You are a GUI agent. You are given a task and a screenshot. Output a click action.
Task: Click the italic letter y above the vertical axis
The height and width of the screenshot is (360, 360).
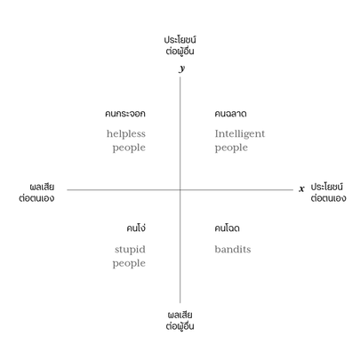click(x=182, y=68)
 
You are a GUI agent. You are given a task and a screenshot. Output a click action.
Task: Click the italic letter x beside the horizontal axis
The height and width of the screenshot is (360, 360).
click(x=301, y=188)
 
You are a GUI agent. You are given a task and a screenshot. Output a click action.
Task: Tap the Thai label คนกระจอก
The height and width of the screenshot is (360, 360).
click(x=125, y=114)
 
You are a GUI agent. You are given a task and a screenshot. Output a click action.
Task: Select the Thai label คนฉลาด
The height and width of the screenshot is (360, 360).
click(x=230, y=114)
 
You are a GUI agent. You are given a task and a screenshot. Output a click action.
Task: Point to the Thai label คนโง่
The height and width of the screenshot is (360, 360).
click(x=136, y=228)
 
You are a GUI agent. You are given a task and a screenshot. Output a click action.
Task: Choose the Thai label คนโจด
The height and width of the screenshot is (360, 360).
click(x=227, y=228)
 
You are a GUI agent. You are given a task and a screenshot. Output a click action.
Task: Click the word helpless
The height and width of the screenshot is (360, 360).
click(x=126, y=134)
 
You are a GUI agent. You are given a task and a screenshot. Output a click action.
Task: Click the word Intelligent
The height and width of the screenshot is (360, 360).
click(x=240, y=134)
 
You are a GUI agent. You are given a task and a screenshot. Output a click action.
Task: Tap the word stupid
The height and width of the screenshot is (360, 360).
click(x=130, y=250)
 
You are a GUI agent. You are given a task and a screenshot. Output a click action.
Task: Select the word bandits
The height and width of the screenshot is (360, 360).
click(x=233, y=249)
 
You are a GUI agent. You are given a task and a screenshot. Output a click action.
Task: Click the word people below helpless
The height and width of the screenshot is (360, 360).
click(x=129, y=148)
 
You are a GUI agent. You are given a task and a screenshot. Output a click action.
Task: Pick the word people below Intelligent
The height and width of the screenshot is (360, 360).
click(x=231, y=148)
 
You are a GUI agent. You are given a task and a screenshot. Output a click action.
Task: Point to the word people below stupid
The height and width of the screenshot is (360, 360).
click(x=129, y=263)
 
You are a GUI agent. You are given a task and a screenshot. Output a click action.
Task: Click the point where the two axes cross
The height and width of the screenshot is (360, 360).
click(x=180, y=189)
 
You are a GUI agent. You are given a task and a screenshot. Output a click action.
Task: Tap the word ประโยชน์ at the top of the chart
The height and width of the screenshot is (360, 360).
click(x=180, y=39)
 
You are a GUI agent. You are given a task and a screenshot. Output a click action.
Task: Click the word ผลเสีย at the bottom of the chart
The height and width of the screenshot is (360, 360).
click(x=180, y=315)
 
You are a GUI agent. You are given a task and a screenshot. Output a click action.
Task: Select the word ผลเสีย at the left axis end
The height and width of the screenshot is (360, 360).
click(x=42, y=187)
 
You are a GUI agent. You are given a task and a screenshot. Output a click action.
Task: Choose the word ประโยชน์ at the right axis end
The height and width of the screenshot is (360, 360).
click(x=327, y=187)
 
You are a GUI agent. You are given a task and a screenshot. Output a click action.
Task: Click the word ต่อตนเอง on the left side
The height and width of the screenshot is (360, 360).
click(x=36, y=198)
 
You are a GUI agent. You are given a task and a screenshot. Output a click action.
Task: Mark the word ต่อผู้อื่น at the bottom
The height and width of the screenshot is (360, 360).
click(x=180, y=325)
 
